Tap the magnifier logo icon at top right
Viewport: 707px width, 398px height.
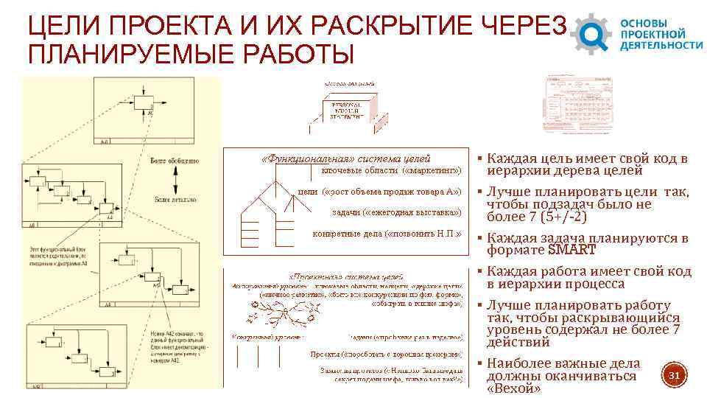[594, 33]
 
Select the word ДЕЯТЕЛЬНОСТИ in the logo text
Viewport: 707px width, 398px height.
[661, 44]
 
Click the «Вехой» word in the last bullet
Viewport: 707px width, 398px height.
[513, 388]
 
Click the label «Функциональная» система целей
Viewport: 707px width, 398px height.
[346, 158]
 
